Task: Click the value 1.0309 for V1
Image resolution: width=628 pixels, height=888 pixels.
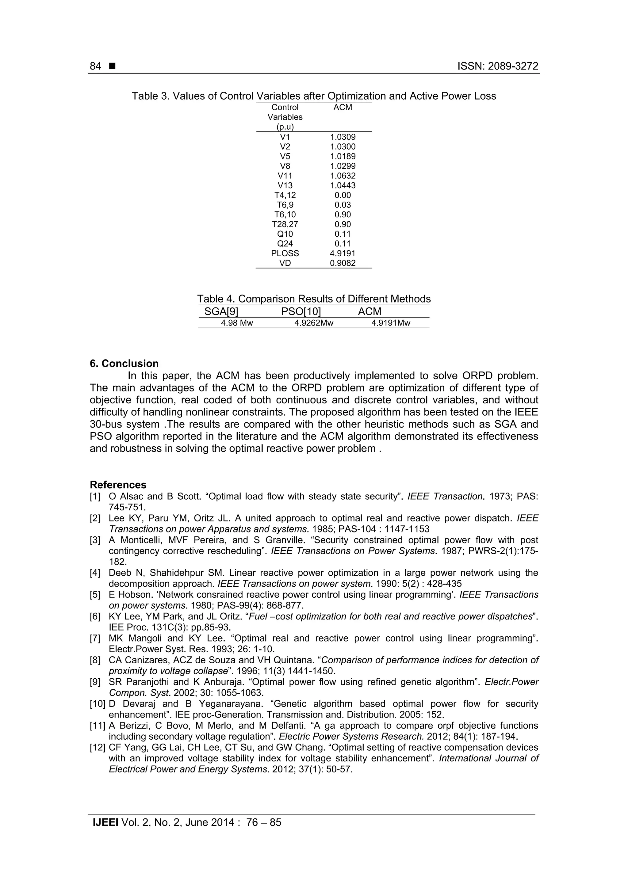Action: (x=343, y=137)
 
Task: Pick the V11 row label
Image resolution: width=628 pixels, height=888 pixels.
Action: (x=285, y=176)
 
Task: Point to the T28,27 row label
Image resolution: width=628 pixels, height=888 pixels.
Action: (x=285, y=224)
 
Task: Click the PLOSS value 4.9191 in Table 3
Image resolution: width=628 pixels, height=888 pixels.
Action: (x=343, y=253)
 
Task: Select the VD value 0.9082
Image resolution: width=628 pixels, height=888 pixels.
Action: (x=343, y=263)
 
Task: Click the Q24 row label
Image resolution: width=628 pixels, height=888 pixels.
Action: (x=285, y=244)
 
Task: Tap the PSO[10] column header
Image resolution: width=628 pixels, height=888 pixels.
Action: (x=301, y=312)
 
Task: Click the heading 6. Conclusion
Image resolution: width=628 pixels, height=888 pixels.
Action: (x=124, y=364)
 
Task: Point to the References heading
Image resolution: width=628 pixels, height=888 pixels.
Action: (x=118, y=485)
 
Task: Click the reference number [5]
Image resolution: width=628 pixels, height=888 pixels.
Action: (x=95, y=595)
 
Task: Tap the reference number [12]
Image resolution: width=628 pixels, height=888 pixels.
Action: (x=97, y=748)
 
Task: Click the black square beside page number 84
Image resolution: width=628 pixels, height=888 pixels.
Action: (x=112, y=67)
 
